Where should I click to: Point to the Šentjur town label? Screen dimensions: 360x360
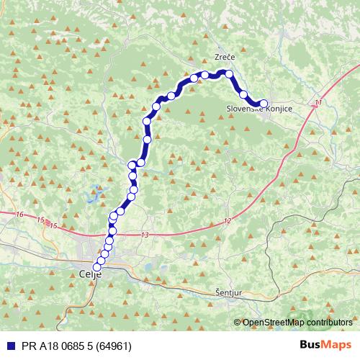[x=230, y=294]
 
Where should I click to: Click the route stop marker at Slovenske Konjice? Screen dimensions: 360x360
[x=264, y=104]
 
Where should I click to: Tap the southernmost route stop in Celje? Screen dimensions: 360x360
[x=98, y=268]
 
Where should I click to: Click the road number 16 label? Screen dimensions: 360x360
[x=19, y=215]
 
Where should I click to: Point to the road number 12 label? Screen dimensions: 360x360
[x=228, y=220]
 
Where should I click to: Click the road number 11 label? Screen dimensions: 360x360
[x=318, y=104]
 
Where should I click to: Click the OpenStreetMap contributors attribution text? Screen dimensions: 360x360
[x=297, y=322]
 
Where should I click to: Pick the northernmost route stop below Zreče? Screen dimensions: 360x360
[x=228, y=73]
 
